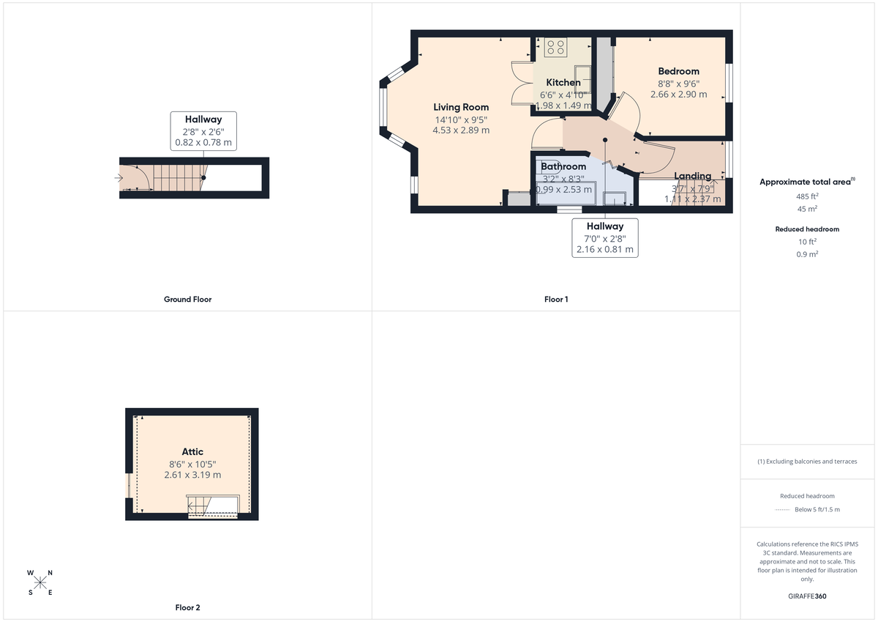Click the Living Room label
(461, 108)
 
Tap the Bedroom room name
(678, 71)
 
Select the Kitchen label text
(563, 83)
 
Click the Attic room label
(192, 452)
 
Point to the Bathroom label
(563, 167)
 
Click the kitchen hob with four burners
(555, 47)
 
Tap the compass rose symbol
(40, 582)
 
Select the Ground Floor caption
(187, 299)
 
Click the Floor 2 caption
(187, 607)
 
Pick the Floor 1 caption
(556, 299)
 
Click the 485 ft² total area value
(808, 196)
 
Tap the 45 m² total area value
(808, 208)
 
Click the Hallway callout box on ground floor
(203, 130)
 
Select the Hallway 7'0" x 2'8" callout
(604, 237)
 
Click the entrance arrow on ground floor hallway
(119, 177)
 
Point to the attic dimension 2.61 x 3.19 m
(192, 475)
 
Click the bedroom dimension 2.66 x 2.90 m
(678, 95)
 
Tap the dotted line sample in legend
(782, 510)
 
